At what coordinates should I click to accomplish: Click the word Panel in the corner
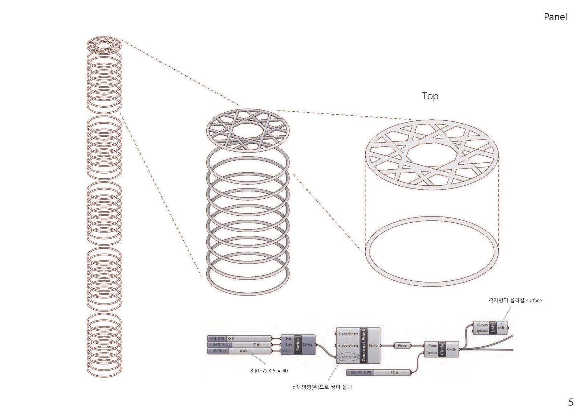tap(555, 17)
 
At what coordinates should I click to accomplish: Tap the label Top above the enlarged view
tap(430, 96)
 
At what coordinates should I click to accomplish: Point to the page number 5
tap(571, 402)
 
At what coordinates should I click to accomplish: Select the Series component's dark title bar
tap(298, 344)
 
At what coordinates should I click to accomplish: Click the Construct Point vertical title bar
tap(364, 345)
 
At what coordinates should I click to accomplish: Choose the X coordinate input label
tap(348, 334)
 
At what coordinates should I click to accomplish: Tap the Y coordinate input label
tap(348, 346)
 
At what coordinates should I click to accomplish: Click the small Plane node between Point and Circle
tap(402, 346)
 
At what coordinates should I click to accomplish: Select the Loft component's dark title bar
tap(493, 328)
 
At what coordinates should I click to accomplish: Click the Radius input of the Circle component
tap(432, 353)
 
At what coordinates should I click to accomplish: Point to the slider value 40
tap(244, 351)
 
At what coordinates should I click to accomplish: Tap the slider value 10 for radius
tap(393, 372)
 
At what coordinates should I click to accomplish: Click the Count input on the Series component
tap(288, 351)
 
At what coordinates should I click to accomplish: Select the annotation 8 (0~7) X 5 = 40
tap(269, 371)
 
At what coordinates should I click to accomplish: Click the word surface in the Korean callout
tap(533, 301)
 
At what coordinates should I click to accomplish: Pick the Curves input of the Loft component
tap(482, 325)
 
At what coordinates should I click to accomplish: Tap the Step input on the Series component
tap(289, 345)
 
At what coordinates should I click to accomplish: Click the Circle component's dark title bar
tap(442, 349)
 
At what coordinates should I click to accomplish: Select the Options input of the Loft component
tap(482, 331)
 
